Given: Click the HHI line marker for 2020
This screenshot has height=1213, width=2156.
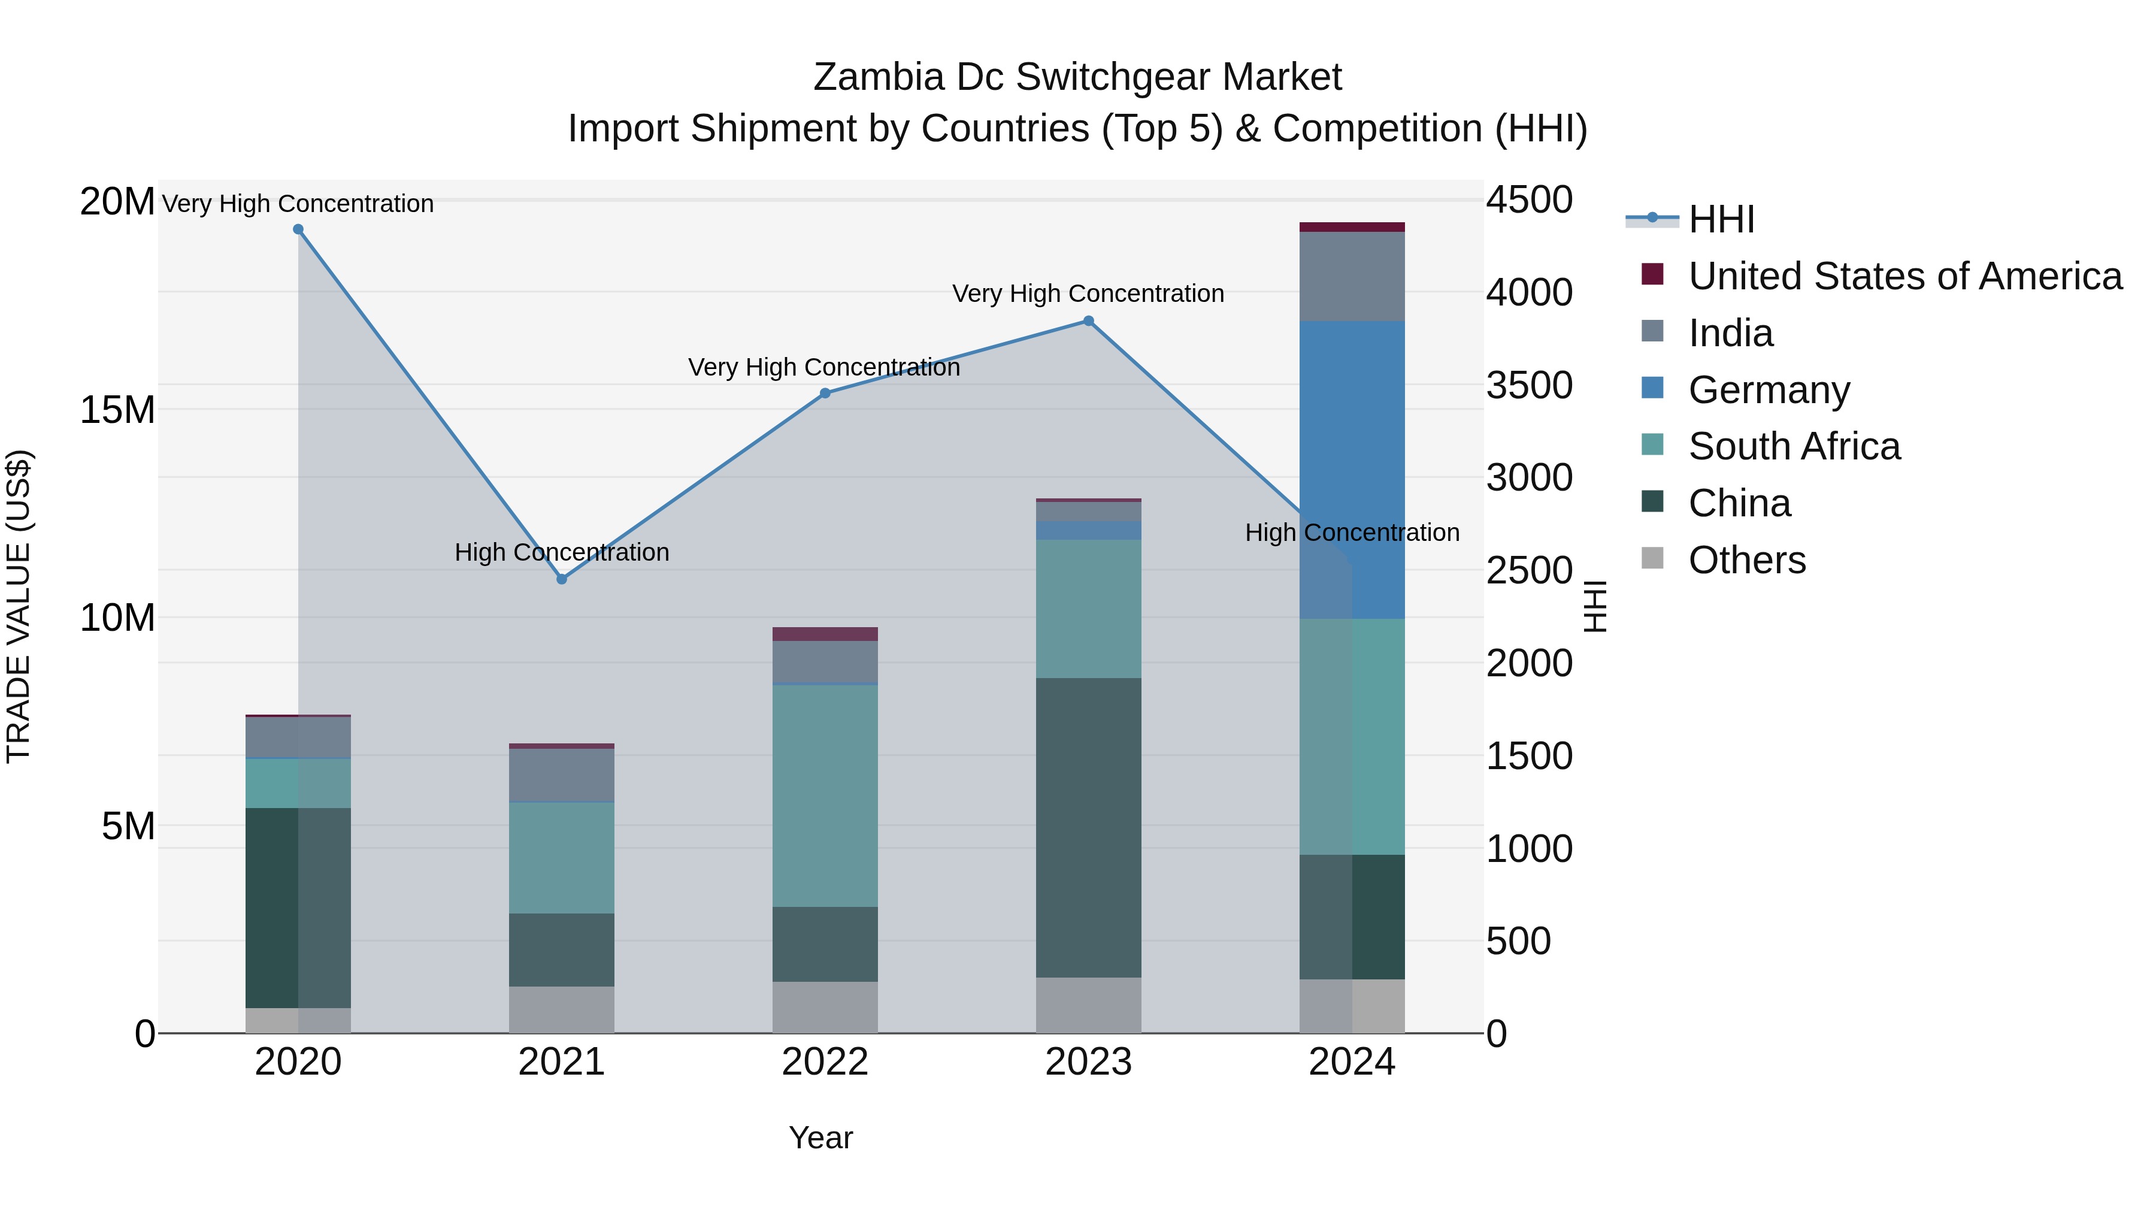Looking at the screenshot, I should pyautogui.click(x=298, y=229).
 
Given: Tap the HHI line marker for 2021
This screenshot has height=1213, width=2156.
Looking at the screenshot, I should pyautogui.click(x=562, y=579).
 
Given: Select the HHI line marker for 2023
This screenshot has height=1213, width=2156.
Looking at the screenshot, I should pyautogui.click(x=1088, y=320).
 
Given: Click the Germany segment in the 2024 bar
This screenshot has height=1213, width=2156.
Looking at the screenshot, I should pyautogui.click(x=1352, y=469).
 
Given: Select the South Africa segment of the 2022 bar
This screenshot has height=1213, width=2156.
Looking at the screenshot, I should pyautogui.click(x=825, y=795).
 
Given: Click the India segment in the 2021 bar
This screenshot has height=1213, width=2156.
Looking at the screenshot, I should pyautogui.click(x=562, y=775).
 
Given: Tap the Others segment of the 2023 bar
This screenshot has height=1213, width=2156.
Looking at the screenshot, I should pyautogui.click(x=1088, y=1005).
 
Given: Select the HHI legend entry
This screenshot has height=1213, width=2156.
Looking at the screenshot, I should pyautogui.click(x=1721, y=219).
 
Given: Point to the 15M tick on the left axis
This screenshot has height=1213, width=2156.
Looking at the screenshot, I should pyautogui.click(x=117, y=410).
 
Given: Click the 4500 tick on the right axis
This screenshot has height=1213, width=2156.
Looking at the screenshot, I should pyautogui.click(x=1529, y=201).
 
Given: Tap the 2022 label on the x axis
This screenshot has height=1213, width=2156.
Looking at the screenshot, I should pyautogui.click(x=825, y=1062).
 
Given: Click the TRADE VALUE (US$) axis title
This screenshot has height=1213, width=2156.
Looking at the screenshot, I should pyautogui.click(x=19, y=606).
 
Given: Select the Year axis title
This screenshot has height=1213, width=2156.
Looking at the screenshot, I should pyautogui.click(x=820, y=1138).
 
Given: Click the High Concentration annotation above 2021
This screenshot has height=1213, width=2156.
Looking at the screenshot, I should pyautogui.click(x=562, y=552).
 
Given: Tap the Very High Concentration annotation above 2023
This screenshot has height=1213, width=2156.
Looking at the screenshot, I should pyautogui.click(x=1088, y=294).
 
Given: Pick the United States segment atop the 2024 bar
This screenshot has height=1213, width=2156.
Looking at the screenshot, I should pyautogui.click(x=1352, y=227).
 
